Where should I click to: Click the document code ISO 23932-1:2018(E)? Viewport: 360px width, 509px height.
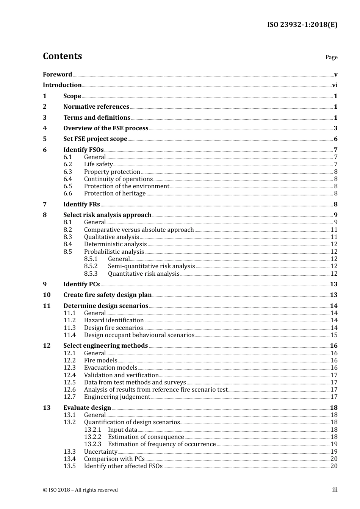pyautogui.click(x=302, y=25)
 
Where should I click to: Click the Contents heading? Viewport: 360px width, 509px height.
pyautogui.click(x=62, y=56)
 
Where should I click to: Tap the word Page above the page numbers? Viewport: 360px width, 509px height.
pyautogui.click(x=331, y=57)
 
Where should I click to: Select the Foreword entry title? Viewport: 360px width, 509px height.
pyautogui.click(x=57, y=74)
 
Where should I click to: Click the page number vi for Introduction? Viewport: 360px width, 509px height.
pyautogui.click(x=335, y=85)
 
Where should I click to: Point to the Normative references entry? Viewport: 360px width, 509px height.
pyautogui.click(x=96, y=107)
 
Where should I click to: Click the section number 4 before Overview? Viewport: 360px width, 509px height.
pyautogui.click(x=45, y=128)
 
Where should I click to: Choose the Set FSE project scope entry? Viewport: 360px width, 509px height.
pyautogui.click(x=95, y=139)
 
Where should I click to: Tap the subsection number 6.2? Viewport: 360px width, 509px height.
pyautogui.click(x=67, y=164)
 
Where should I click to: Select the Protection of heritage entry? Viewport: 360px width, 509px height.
pyautogui.click(x=115, y=194)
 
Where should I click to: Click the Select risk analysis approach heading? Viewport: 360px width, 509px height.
pyautogui.click(x=107, y=215)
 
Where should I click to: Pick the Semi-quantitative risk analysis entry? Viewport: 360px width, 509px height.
pyautogui.click(x=151, y=266)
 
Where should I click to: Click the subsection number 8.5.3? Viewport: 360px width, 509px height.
pyautogui.click(x=91, y=274)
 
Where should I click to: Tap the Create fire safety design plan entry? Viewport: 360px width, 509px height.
pyautogui.click(x=107, y=295)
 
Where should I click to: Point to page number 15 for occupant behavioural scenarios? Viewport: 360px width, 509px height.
pyautogui.click(x=334, y=335)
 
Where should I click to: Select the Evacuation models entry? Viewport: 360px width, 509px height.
pyautogui.click(x=111, y=368)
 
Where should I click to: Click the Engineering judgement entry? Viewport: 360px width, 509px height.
pyautogui.click(x=117, y=397)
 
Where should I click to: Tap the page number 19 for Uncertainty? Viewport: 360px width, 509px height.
pyautogui.click(x=334, y=452)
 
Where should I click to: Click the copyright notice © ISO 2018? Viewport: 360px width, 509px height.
pyautogui.click(x=80, y=490)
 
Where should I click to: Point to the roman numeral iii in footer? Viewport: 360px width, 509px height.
pyautogui.click(x=335, y=490)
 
